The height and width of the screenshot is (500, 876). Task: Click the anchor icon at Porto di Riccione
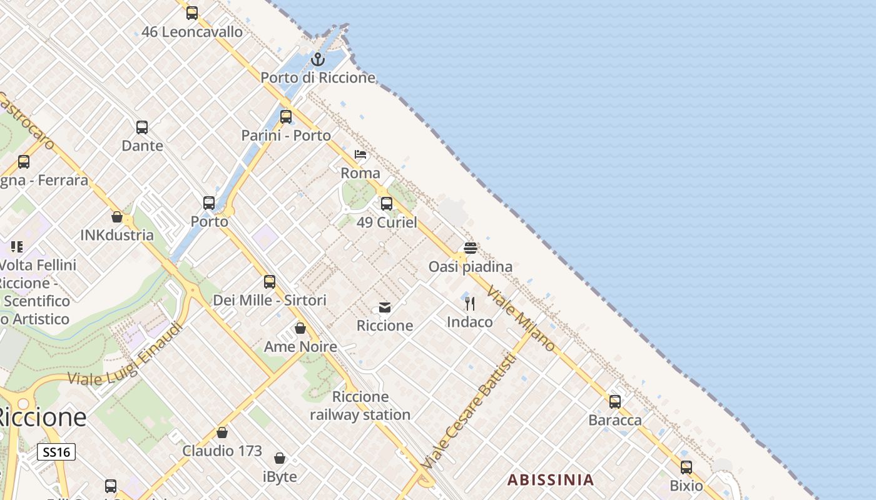pos(318,59)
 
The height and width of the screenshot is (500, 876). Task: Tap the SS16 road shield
pos(56,452)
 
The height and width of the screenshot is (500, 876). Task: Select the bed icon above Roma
pos(360,154)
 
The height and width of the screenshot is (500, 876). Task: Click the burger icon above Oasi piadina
pos(471,248)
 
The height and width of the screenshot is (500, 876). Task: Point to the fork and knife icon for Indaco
pos(470,304)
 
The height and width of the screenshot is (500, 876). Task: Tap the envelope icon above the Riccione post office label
pos(385,307)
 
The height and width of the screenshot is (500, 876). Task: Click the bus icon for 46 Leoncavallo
pos(192,12)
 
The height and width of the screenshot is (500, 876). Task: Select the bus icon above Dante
pos(142,127)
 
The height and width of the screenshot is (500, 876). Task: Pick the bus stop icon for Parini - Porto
pos(286,117)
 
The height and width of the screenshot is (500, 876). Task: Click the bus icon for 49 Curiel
pos(387,204)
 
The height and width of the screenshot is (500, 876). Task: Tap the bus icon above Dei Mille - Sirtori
pos(270,282)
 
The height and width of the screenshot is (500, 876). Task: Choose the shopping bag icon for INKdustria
pos(116,217)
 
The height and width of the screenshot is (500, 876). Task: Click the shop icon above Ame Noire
pos(300,328)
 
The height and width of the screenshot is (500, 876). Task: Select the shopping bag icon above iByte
pos(280,458)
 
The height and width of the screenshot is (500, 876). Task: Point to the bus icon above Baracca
pos(615,402)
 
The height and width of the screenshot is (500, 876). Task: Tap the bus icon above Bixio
pos(686,467)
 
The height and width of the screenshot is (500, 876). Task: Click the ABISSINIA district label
pos(550,480)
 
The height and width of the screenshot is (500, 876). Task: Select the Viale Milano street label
pos(521,319)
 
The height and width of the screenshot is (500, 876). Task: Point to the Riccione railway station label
pos(360,406)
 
